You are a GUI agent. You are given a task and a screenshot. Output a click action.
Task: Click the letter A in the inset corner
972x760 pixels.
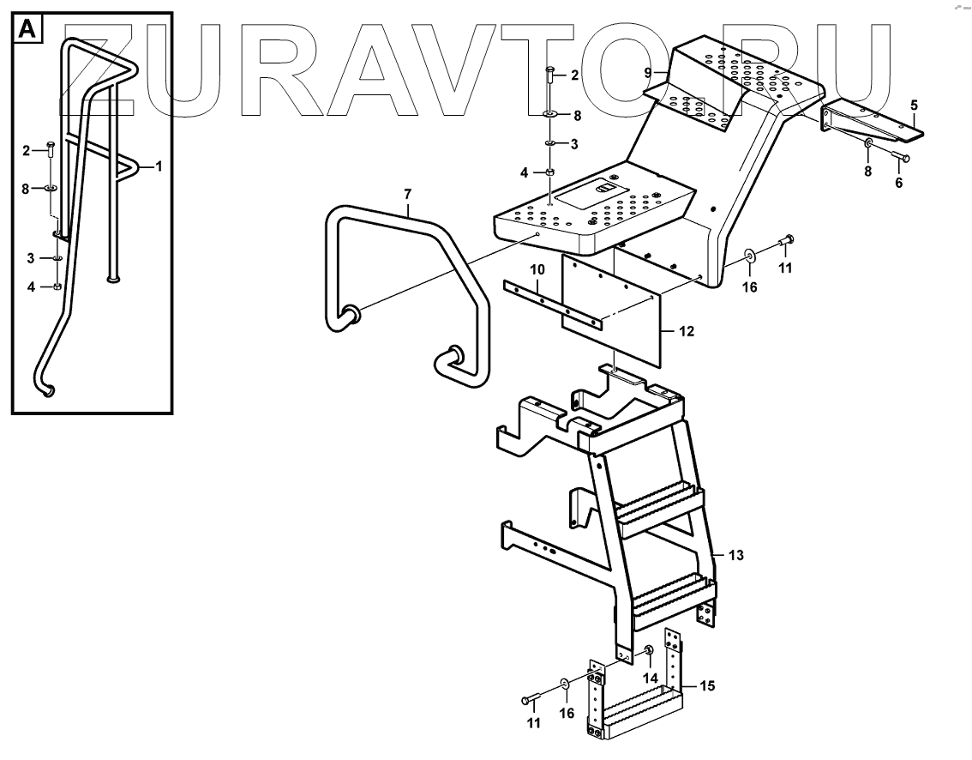click(x=27, y=30)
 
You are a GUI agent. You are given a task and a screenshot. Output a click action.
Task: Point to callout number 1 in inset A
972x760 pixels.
click(x=158, y=166)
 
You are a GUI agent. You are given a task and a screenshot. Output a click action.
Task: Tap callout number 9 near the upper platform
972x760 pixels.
click(x=649, y=73)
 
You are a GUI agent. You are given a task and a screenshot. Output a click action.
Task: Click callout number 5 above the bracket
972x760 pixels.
click(x=914, y=105)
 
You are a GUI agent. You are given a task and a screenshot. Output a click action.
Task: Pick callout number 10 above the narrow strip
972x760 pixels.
click(x=536, y=269)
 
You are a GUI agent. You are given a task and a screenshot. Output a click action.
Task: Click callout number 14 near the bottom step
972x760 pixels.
click(x=652, y=678)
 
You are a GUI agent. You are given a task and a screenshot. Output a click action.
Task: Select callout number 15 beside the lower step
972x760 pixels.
click(x=707, y=685)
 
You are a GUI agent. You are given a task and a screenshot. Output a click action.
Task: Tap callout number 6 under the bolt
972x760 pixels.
click(x=899, y=183)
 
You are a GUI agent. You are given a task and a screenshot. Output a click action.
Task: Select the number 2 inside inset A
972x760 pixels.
click(x=27, y=151)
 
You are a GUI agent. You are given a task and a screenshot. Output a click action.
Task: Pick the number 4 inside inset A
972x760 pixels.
click(x=32, y=287)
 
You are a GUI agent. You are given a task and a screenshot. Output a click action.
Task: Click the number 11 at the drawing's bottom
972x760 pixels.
click(x=534, y=725)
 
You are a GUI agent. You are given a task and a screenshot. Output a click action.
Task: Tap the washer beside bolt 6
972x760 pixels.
click(x=867, y=142)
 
